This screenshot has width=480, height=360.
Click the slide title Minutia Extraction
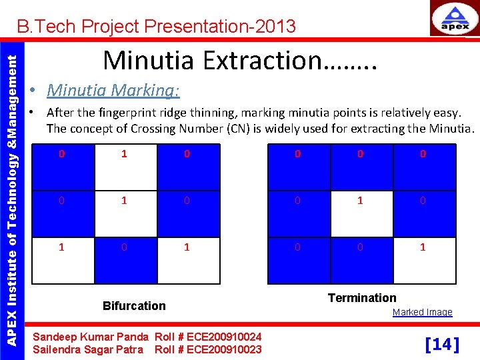241,60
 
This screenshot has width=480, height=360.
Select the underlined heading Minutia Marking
113,89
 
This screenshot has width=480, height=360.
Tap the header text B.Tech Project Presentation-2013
156,27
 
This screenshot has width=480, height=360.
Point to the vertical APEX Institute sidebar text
11,189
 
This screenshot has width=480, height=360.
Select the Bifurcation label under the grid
134,306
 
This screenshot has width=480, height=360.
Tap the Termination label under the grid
362,298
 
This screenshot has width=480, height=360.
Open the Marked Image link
422,312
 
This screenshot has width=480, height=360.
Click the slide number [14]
443,344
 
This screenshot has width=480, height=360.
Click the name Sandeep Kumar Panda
91,337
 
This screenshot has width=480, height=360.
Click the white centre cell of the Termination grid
360,213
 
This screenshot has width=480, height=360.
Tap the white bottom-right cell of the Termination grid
423,260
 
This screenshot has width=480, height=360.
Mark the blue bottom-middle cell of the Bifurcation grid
125,260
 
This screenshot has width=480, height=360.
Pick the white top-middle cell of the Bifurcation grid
125,167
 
